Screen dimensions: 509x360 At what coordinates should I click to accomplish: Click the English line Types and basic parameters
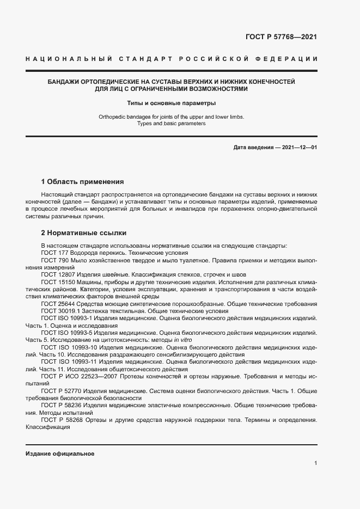(x=171, y=124)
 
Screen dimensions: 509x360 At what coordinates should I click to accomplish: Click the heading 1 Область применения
(x=82, y=181)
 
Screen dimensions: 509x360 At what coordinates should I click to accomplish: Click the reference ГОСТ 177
(x=53, y=253)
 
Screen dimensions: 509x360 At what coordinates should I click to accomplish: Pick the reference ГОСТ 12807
(x=56, y=275)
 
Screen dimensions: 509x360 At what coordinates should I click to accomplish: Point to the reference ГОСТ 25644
(x=56, y=303)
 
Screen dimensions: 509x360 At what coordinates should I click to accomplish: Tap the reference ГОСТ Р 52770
(x=60, y=390)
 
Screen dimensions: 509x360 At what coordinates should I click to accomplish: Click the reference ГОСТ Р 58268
(x=60, y=420)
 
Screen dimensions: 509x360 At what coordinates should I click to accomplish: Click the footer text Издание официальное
(x=60, y=453)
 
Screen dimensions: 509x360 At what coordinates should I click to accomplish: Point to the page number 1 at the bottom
(x=315, y=463)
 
